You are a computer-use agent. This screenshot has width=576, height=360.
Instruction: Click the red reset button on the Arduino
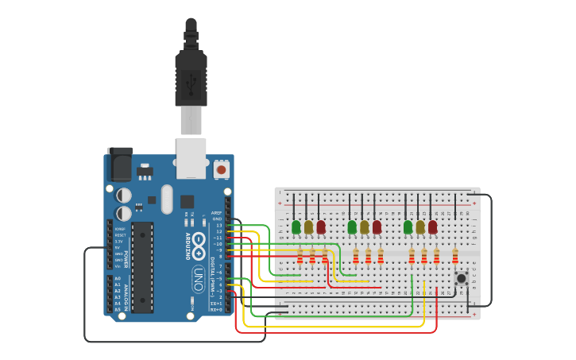(x=222, y=169)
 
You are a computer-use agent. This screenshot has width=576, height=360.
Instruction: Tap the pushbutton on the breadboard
(x=461, y=277)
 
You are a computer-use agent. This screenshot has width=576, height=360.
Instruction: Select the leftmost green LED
(x=296, y=227)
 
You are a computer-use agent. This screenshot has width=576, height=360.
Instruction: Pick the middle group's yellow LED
(x=365, y=227)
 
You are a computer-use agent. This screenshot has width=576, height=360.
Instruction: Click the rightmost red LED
(x=432, y=227)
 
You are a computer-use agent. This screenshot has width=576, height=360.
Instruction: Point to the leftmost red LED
(x=321, y=227)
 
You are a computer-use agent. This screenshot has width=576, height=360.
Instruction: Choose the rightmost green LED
(x=408, y=227)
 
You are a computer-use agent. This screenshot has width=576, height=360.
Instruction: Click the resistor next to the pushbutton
(x=455, y=256)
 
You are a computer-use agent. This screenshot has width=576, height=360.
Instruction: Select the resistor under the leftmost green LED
(x=300, y=256)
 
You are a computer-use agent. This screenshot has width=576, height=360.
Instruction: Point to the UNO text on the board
(x=198, y=278)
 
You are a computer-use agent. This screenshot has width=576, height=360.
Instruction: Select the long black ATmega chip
(x=142, y=266)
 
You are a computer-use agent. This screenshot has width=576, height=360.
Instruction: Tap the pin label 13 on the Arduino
(x=219, y=225)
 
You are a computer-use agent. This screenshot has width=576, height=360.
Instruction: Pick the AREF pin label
(x=217, y=213)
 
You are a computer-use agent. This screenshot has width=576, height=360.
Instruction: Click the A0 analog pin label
(x=118, y=279)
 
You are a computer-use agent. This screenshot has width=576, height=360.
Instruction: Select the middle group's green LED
(x=352, y=227)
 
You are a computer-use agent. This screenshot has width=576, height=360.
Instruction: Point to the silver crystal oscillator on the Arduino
(x=166, y=199)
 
